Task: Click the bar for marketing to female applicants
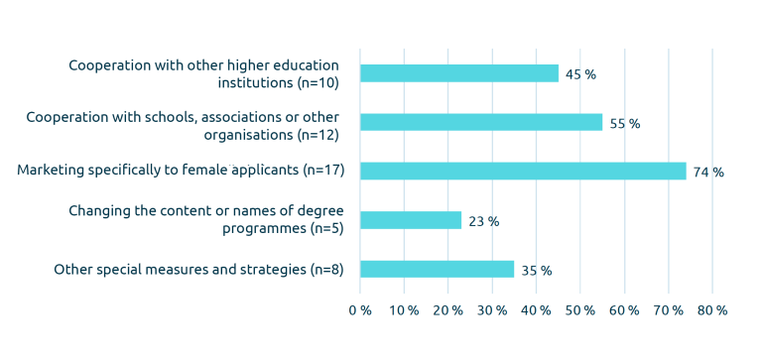pyautogui.click(x=523, y=171)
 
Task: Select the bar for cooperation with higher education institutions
pyautogui.click(x=458, y=73)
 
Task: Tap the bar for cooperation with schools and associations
pyautogui.click(x=480, y=122)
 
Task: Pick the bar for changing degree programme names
pyautogui.click(x=410, y=220)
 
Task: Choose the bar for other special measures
pyautogui.click(x=437, y=269)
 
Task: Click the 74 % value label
pyautogui.click(x=708, y=173)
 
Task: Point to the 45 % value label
pyautogui.click(x=580, y=74)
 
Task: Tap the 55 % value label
pyautogui.click(x=625, y=124)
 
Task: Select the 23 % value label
pyautogui.click(x=483, y=221)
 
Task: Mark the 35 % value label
pyautogui.click(x=537, y=270)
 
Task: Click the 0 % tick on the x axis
pyautogui.click(x=359, y=310)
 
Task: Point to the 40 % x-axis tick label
pyautogui.click(x=536, y=310)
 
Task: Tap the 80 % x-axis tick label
pyautogui.click(x=712, y=310)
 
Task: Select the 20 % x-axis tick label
pyautogui.click(x=447, y=310)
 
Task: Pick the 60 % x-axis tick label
pyautogui.click(x=624, y=310)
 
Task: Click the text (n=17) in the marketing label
pyautogui.click(x=322, y=171)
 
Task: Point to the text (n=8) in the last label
pyautogui.click(x=326, y=269)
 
